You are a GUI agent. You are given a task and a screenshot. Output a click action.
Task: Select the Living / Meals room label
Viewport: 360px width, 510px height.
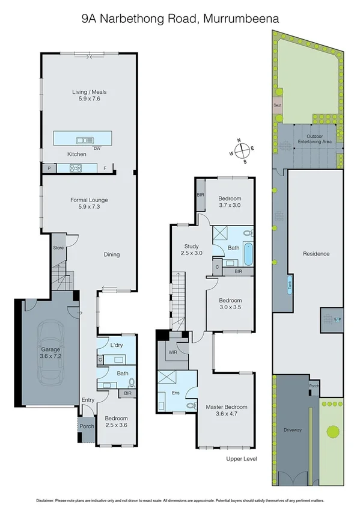click(85, 95)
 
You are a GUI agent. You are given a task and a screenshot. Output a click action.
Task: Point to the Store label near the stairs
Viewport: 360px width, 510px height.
click(58, 247)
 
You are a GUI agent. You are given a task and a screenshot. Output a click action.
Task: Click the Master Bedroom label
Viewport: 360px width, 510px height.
click(227, 410)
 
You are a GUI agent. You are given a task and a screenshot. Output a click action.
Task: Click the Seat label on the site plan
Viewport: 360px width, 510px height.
click(278, 105)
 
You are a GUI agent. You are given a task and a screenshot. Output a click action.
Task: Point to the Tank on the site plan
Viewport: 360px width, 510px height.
click(289, 285)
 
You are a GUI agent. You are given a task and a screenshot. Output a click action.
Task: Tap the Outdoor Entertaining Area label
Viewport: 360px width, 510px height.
click(315, 140)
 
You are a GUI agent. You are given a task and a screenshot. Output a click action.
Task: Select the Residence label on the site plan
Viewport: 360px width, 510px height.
click(316, 253)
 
